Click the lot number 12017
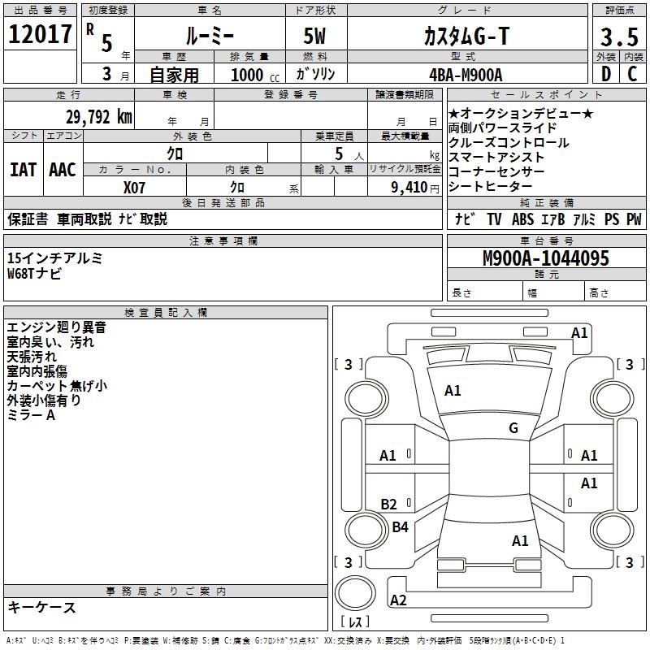(x=40, y=34)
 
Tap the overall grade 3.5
(x=617, y=37)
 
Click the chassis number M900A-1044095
(x=545, y=259)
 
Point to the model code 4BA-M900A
(x=465, y=75)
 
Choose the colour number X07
(x=135, y=188)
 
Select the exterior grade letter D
(x=605, y=75)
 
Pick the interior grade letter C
(x=632, y=75)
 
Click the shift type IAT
(x=23, y=170)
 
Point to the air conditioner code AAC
(x=63, y=170)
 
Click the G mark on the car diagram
(x=513, y=428)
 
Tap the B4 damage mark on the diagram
(x=400, y=527)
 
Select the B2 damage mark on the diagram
(x=389, y=505)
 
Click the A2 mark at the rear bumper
(x=398, y=600)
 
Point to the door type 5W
(x=317, y=37)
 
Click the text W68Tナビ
(x=34, y=274)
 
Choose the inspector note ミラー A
(x=31, y=415)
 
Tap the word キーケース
(x=42, y=607)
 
